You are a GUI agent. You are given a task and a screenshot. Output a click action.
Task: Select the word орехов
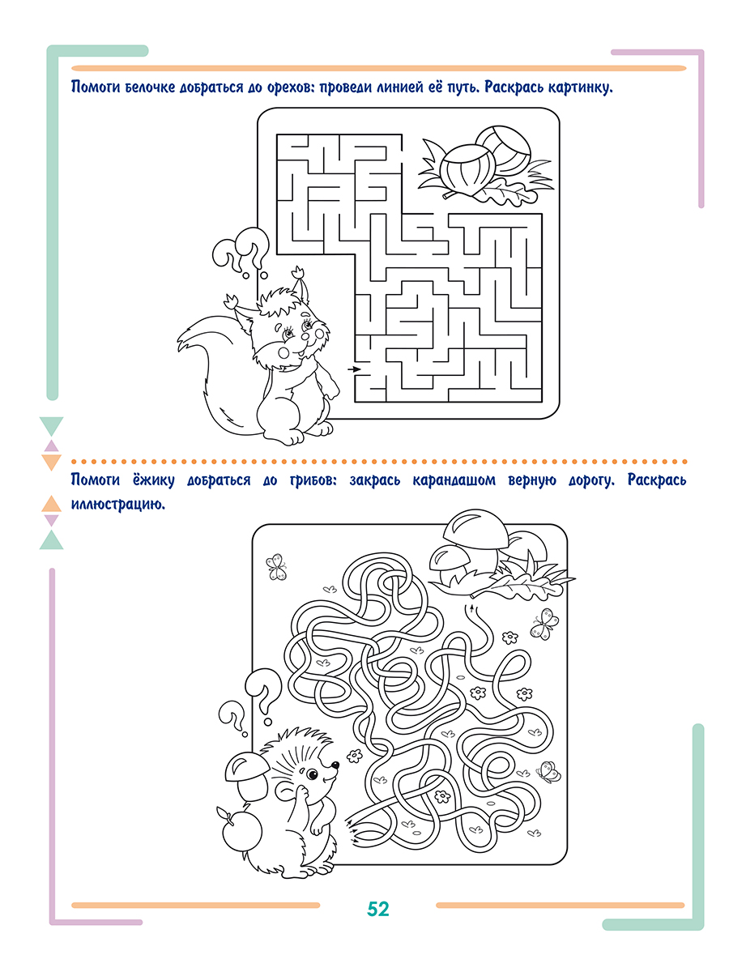[290, 87]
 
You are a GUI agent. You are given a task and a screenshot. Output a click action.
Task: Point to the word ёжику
[151, 480]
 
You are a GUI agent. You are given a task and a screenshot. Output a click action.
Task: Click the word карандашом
[454, 481]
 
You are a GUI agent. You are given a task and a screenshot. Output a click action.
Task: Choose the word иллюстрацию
[117, 505]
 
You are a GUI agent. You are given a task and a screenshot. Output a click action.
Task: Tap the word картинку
[580, 87]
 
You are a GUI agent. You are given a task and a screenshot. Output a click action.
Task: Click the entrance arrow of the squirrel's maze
[354, 369]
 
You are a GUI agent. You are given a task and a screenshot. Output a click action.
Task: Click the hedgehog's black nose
[335, 765]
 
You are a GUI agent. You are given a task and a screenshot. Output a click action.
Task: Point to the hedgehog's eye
[312, 774]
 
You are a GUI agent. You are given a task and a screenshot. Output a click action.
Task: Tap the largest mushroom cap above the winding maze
[475, 529]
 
